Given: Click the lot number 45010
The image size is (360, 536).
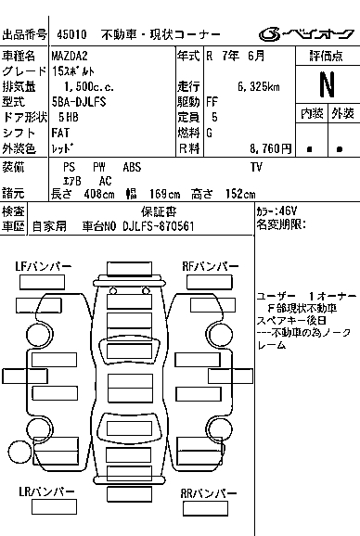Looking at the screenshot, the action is pos(71,34).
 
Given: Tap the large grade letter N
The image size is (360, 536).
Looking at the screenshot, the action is pos(327,84).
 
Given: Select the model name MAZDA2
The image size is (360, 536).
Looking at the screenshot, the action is pos(70,56).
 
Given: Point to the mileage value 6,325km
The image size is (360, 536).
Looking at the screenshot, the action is pos(259,86).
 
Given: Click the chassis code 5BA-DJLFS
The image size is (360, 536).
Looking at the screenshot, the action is pos(79,101).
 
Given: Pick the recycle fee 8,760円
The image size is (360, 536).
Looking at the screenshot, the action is pos(270,148).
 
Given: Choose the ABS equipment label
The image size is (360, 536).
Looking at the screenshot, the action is pos(132,167).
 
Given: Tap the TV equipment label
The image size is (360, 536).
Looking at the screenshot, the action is pos(256,167).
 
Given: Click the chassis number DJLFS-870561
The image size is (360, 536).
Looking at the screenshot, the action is pos(159,226).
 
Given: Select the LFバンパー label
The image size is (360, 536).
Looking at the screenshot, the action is pos(44,266).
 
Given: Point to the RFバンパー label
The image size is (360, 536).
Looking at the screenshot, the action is pos(211,266).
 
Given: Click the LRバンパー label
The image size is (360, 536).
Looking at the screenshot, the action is pos(46,491).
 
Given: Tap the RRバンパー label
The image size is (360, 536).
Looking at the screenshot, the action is pos(209,493).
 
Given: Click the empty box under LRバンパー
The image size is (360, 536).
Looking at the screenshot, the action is pos(54,507).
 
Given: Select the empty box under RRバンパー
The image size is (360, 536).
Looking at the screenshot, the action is pos(205,509).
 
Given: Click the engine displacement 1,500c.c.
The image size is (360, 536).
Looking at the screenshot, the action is pos(89,87).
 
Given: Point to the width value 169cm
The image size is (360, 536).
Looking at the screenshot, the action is pos(165,194).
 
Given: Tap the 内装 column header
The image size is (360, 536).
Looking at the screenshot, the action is pos(312,113).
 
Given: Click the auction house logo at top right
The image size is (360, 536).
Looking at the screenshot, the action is pos(306,34).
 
